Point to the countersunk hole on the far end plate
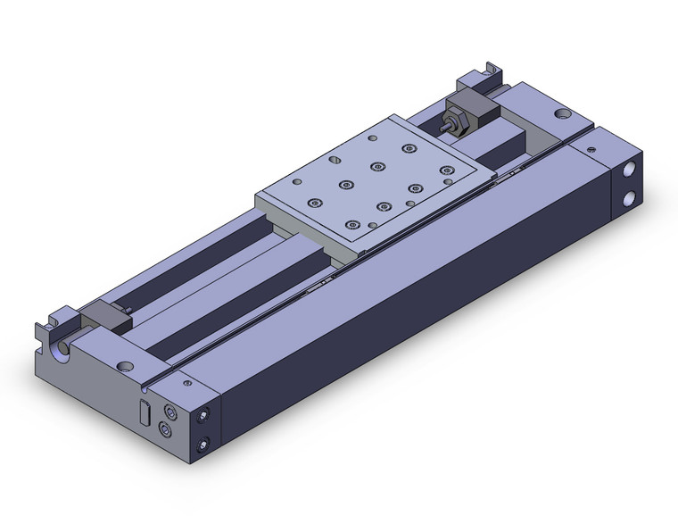561,114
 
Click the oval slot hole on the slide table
334,162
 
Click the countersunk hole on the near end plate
124,365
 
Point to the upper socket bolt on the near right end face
205,415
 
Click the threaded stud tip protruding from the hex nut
443,127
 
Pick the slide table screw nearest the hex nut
409,147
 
